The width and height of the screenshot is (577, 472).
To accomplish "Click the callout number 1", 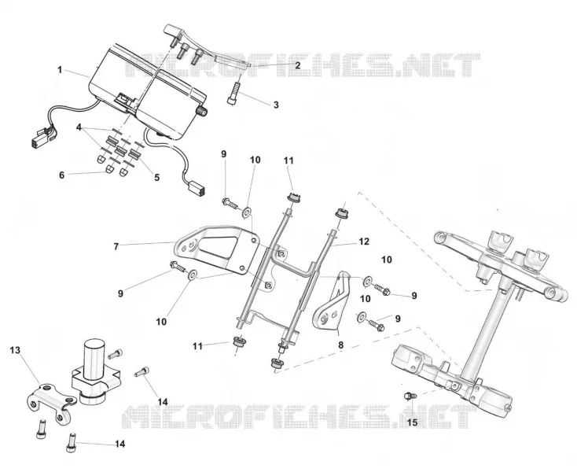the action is [x=60, y=69].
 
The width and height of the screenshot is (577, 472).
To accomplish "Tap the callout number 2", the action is [x=297, y=65].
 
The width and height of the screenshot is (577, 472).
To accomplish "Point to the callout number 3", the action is [x=276, y=105].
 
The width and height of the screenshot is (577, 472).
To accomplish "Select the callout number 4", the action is [x=79, y=127].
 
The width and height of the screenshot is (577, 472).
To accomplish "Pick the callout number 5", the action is [x=156, y=178].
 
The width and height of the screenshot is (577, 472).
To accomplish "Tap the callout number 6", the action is [x=62, y=175].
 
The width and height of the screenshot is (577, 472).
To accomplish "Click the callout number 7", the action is [x=116, y=246].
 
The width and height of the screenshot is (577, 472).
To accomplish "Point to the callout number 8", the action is [x=340, y=345].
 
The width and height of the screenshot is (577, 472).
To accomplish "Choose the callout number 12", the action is [x=363, y=242].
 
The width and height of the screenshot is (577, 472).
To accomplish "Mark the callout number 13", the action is [x=15, y=350].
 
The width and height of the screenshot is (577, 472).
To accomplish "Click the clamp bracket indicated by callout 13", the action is [x=52, y=403].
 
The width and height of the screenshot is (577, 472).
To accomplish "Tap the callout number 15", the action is [x=412, y=422].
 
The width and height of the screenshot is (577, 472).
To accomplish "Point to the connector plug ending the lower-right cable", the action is [x=197, y=188].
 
